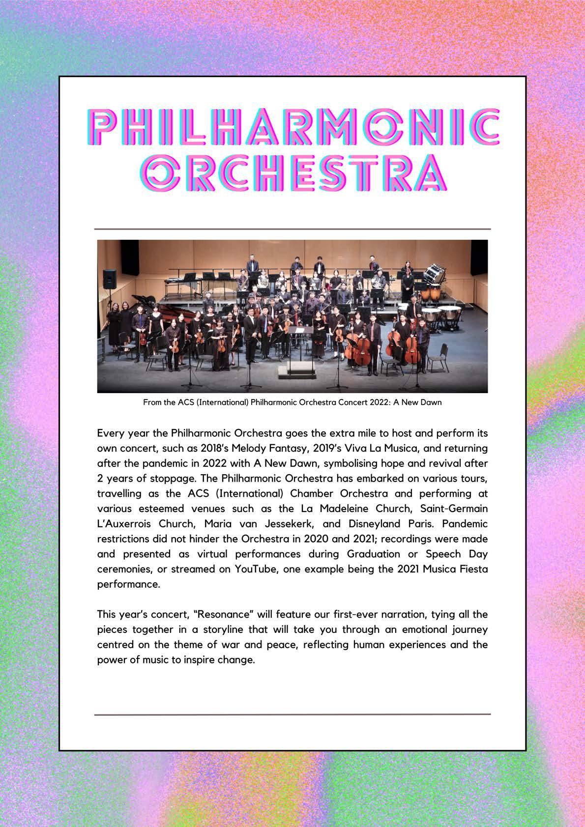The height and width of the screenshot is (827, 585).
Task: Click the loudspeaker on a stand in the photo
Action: (x=110, y=279)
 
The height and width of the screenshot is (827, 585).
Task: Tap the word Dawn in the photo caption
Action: (x=431, y=402)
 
